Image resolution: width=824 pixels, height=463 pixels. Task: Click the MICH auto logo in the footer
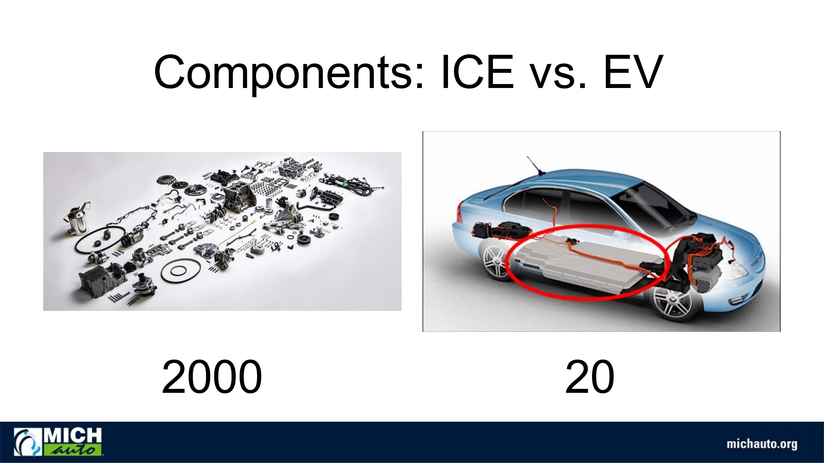58,442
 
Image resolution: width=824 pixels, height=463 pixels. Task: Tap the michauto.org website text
762,444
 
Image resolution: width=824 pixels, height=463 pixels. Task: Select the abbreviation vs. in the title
559,77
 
